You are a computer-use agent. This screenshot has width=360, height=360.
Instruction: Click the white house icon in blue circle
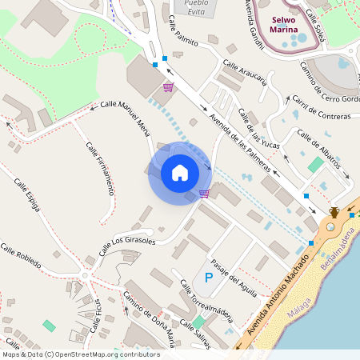pos(180,172)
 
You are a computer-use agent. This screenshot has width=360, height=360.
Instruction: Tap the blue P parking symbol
pos(209,278)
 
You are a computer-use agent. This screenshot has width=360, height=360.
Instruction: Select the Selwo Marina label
pos(283,26)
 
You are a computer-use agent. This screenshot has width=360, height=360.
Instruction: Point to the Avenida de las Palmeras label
pos(239,133)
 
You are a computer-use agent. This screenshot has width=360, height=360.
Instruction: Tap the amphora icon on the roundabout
pos(334,212)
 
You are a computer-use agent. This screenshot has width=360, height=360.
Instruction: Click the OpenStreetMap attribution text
pos(81,354)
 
